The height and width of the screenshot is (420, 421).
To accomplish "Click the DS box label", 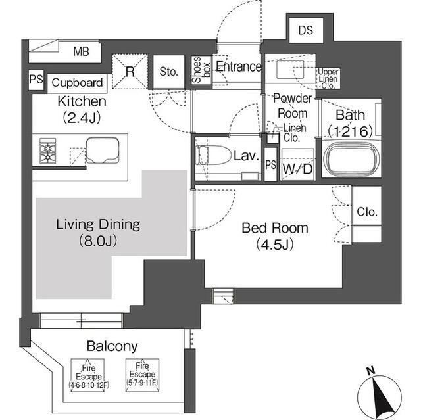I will pos(306,30).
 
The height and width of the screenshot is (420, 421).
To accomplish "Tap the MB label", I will pos(82,51).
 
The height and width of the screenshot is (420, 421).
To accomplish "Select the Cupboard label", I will pos(78,83).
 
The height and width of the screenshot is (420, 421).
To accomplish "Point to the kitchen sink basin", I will pos(102,151).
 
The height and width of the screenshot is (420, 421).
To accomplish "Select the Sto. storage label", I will pos(169,72).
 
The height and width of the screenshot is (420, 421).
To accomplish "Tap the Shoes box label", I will pos(197,70).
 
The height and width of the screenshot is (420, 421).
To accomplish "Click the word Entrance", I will pos(239,67).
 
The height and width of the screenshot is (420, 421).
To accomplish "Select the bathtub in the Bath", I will pos(353,161).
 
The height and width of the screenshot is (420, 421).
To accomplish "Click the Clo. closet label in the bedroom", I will pos(366,212).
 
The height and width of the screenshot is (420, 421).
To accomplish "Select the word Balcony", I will pos(111,346).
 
